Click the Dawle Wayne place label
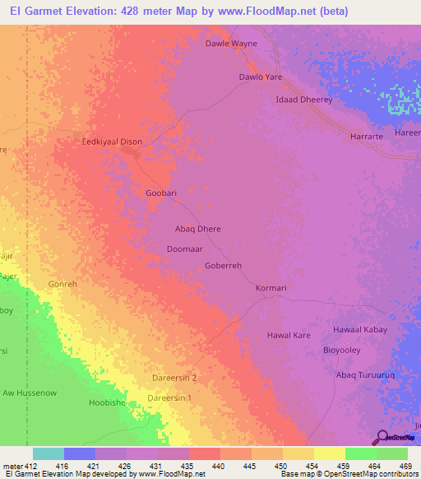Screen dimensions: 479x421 [x=231, y=44]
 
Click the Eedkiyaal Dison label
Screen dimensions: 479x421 [x=112, y=142]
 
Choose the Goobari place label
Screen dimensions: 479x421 [x=161, y=193]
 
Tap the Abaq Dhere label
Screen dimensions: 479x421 [x=198, y=229]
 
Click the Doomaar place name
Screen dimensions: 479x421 [x=184, y=248]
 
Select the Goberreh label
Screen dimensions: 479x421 [x=223, y=266]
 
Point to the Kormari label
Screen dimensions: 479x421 [x=271, y=288]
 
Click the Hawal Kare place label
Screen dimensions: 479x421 [x=289, y=336]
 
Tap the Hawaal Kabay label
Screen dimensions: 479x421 [x=359, y=329]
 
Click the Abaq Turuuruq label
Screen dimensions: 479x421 [x=365, y=375]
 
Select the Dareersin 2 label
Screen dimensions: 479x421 [x=174, y=378]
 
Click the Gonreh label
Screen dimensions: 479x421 [x=62, y=284]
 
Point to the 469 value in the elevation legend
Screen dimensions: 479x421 [x=405, y=466]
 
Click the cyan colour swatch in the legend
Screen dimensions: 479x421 [x=49, y=453]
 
